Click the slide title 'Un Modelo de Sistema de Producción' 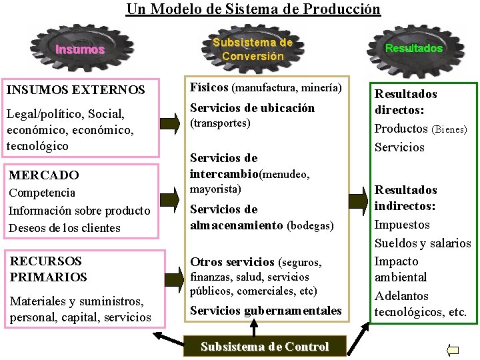pyautogui.click(x=253, y=9)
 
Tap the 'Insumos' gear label pyautogui.click(x=80, y=49)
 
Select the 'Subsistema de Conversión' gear pyautogui.click(x=253, y=49)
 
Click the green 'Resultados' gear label pyautogui.click(x=413, y=48)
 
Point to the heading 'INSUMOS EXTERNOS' pyautogui.click(x=75, y=89)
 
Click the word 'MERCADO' pyautogui.click(x=43, y=175)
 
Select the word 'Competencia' pyautogui.click(x=41, y=193)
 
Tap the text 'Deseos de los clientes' pyautogui.click(x=64, y=228)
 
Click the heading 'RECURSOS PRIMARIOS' pyautogui.click(x=49, y=269)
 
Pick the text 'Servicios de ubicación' pyautogui.click(x=252, y=108)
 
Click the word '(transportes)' pyautogui.click(x=220, y=123)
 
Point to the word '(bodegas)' pyautogui.click(x=310, y=226)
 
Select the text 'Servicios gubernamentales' pyautogui.click(x=265, y=310)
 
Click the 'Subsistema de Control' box pyautogui.click(x=265, y=347)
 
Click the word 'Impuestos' pyautogui.click(x=402, y=225)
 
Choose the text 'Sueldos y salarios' pyautogui.click(x=423, y=243)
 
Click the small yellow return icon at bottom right pyautogui.click(x=453, y=349)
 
